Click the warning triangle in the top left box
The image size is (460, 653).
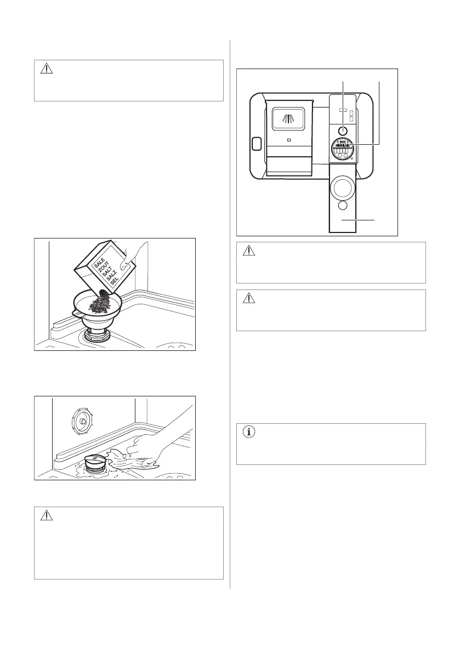point(46,69)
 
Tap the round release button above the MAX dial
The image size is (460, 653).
point(343,130)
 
